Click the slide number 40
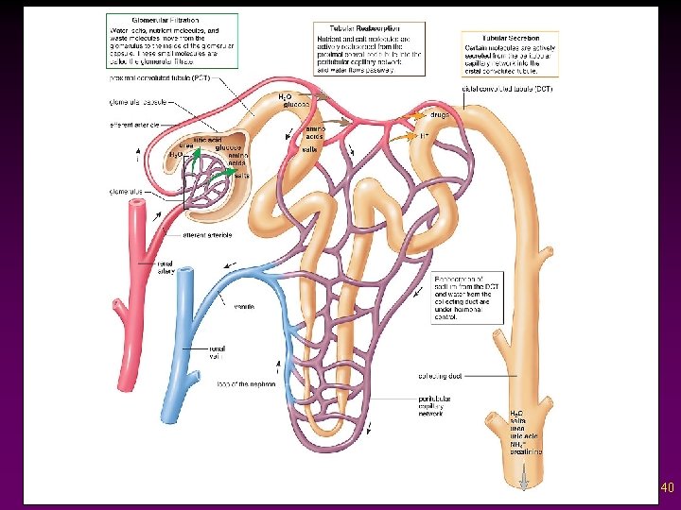click(x=667, y=488)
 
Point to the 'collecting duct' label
click(x=439, y=375)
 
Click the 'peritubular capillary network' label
click(x=439, y=406)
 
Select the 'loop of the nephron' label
click(x=245, y=384)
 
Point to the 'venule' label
click(x=242, y=305)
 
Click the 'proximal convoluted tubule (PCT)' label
click(x=160, y=78)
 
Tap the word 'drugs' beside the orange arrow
click(x=440, y=114)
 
